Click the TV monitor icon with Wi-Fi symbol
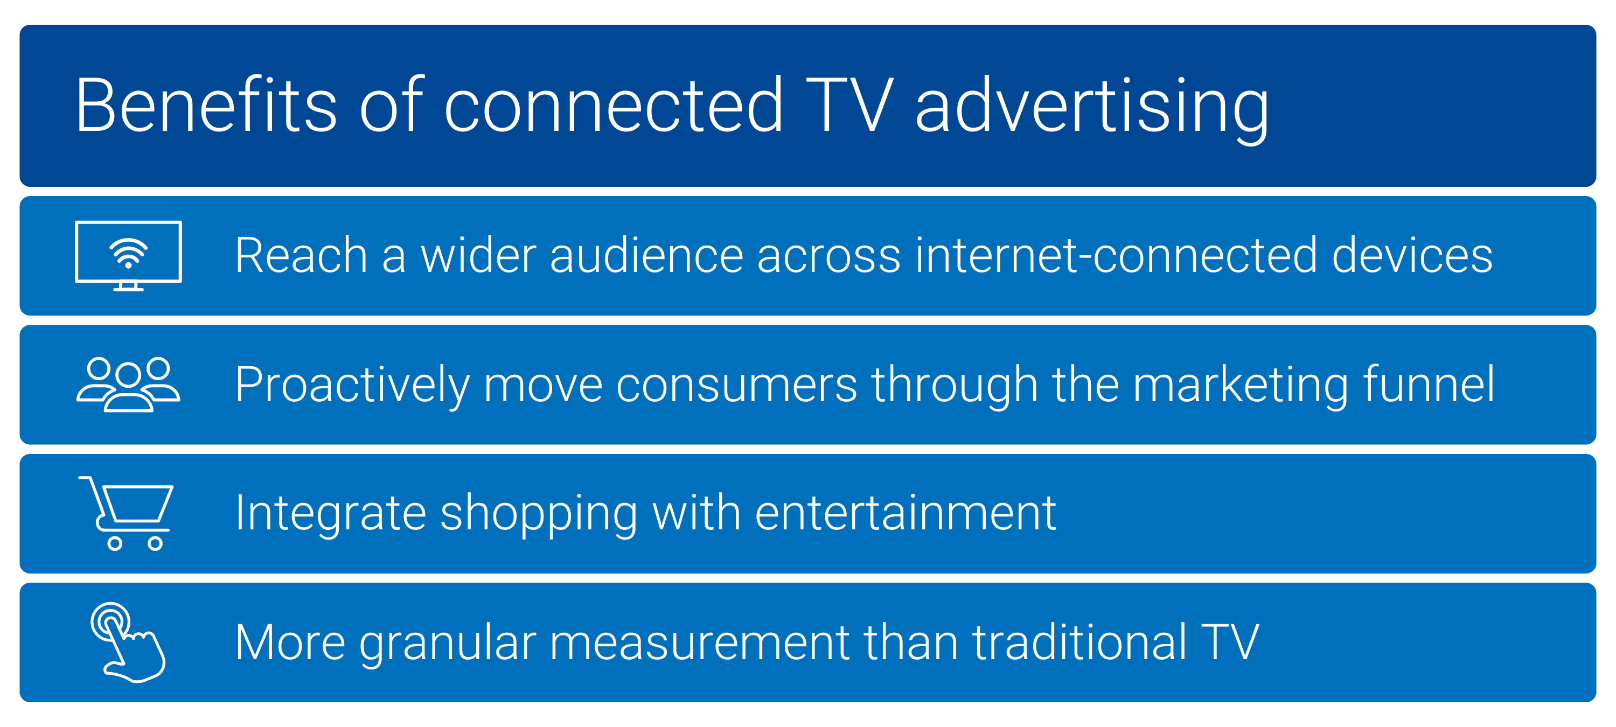(x=129, y=255)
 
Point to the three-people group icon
(x=129, y=385)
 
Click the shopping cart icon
(x=126, y=513)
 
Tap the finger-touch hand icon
(x=128, y=642)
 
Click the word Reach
(x=301, y=255)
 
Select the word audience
(x=646, y=255)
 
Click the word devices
(x=1412, y=255)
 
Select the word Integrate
(x=331, y=515)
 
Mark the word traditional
(x=1079, y=642)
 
